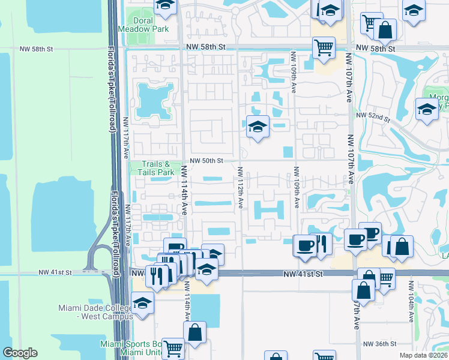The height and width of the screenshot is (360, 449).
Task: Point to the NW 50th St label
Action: point(207,161)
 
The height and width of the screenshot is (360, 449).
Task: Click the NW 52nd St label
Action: point(373,115)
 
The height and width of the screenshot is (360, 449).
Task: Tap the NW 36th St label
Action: point(379,344)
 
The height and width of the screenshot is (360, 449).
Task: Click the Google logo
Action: point(20,353)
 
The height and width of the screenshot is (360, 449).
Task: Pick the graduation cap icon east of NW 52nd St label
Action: point(427,109)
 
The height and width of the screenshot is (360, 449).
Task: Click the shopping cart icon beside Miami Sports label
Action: point(173,347)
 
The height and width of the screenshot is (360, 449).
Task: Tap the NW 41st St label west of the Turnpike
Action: point(55,272)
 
